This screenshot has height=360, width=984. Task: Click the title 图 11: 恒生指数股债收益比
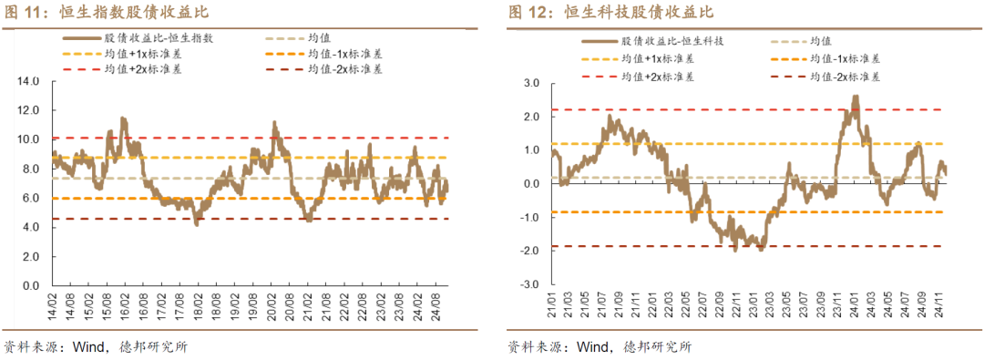point(108,12)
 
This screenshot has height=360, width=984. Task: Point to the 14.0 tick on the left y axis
point(29,81)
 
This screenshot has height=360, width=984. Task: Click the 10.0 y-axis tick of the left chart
point(29,139)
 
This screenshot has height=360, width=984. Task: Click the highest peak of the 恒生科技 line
point(856,96)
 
